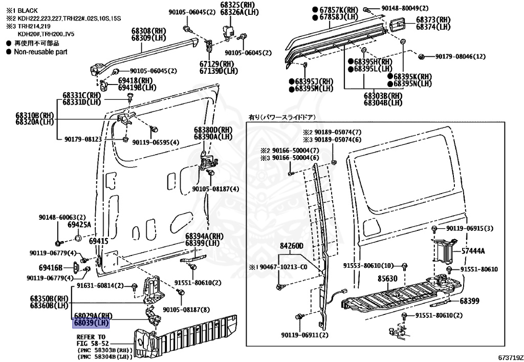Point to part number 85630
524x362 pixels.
(388, 280)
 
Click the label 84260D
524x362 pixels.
(291, 246)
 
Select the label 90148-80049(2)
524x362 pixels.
(404, 8)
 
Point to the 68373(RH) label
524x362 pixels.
(433, 19)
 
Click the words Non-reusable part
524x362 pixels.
(40, 52)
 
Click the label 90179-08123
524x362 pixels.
(83, 139)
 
